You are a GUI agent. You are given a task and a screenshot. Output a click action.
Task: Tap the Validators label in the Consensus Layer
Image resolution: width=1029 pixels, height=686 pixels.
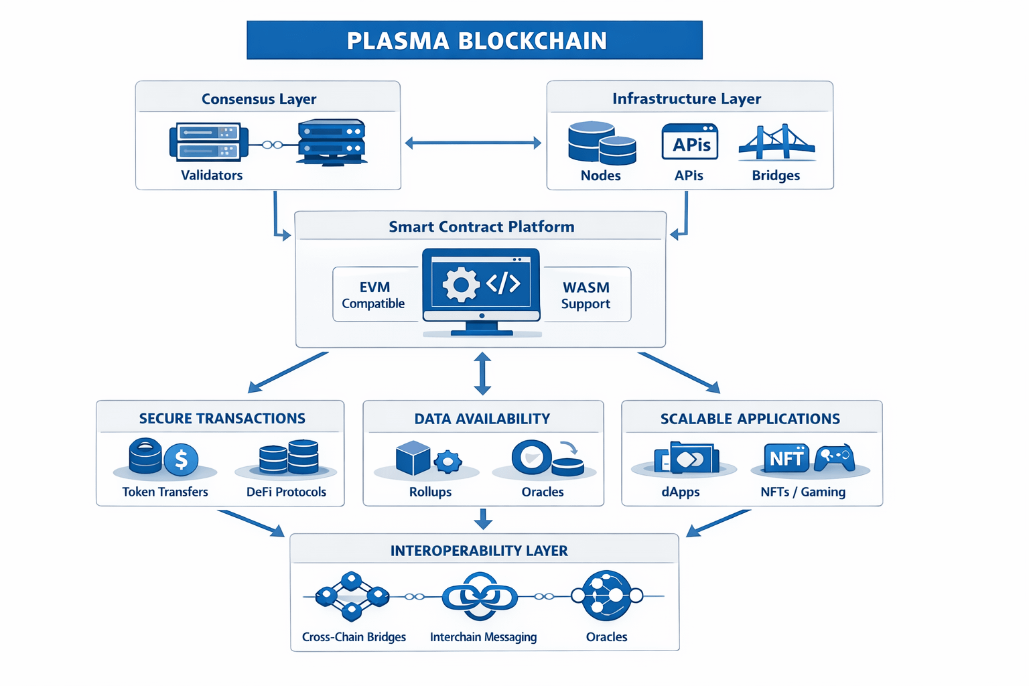coord(212,176)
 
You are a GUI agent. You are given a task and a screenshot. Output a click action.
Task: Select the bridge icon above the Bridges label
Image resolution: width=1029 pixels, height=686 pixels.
coord(776,142)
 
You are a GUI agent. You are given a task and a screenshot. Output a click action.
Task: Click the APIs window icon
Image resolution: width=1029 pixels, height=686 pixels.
coord(689,142)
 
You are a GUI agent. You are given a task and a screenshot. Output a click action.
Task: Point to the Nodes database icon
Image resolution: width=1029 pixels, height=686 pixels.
coord(601,143)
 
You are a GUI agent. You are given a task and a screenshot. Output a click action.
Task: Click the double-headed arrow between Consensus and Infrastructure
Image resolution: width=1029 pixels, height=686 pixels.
coord(473,143)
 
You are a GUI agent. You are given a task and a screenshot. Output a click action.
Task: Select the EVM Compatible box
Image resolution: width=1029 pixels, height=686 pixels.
coord(373,295)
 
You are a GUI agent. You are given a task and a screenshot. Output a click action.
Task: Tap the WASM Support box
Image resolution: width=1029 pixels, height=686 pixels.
coord(586,295)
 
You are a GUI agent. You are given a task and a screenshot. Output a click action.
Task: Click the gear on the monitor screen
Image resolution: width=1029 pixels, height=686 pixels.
coord(461,285)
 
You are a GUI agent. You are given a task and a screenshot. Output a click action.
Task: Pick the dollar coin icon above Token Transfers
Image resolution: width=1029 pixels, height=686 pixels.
coord(181,460)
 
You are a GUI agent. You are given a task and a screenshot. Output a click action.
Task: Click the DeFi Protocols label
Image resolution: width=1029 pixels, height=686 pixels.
coord(286,492)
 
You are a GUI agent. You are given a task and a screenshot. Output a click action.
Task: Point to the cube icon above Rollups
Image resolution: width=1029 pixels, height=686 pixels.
coord(413,458)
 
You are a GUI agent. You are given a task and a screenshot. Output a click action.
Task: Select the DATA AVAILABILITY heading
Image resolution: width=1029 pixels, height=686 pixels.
coord(482,419)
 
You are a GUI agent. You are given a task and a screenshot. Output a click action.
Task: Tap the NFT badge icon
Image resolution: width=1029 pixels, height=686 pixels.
coord(786,458)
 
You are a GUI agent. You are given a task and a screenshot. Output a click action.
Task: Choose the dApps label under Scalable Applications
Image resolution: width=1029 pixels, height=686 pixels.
coord(681,492)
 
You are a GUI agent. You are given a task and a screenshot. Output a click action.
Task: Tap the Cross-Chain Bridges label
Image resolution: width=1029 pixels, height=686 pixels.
coord(354,637)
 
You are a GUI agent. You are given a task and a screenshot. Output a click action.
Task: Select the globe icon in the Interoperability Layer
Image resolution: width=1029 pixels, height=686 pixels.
coord(607,595)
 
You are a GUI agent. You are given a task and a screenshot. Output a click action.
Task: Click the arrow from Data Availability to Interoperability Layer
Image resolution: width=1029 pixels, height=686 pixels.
coord(483,519)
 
